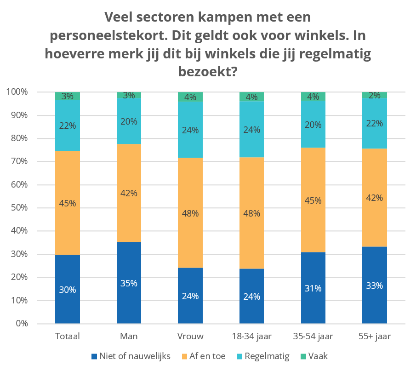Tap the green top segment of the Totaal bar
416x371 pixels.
(x=68, y=96)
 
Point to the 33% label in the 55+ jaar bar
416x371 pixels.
(x=375, y=285)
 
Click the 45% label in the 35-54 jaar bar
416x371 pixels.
(x=313, y=200)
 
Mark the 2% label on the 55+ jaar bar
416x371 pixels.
(x=375, y=96)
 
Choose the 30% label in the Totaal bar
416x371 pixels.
(x=68, y=290)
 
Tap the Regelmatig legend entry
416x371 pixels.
(x=264, y=356)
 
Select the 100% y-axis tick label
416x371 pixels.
(x=18, y=92)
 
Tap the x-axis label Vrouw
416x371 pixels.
(x=190, y=337)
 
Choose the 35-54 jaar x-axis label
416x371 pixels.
(x=313, y=337)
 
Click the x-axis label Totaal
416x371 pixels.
(x=68, y=337)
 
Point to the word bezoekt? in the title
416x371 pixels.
(x=207, y=72)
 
